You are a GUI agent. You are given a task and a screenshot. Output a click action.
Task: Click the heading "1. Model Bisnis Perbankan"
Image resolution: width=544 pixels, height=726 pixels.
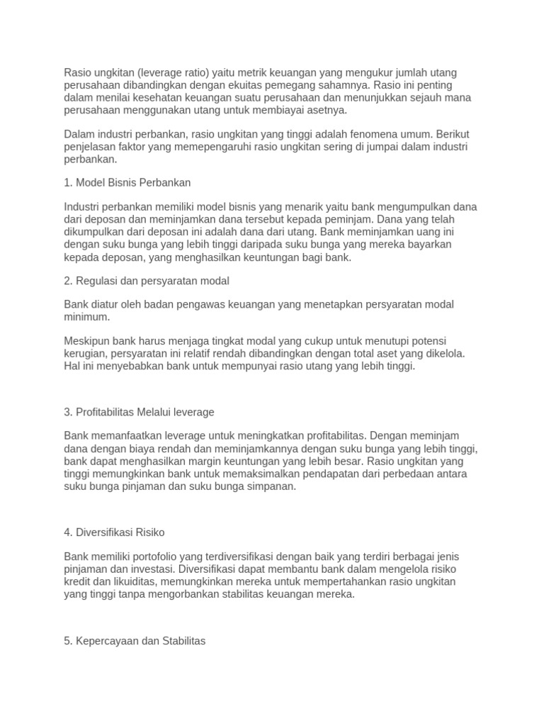127,182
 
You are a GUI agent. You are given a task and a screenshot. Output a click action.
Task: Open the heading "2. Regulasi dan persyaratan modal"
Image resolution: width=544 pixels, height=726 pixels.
147,281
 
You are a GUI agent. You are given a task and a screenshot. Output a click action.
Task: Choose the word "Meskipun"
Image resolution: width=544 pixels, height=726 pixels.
87,341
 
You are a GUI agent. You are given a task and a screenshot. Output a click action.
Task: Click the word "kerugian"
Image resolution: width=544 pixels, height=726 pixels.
84,353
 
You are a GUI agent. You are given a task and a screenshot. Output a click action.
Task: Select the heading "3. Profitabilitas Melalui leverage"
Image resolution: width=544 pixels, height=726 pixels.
139,412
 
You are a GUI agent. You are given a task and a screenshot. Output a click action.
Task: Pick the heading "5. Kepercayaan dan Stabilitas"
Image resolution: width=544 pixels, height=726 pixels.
135,640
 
